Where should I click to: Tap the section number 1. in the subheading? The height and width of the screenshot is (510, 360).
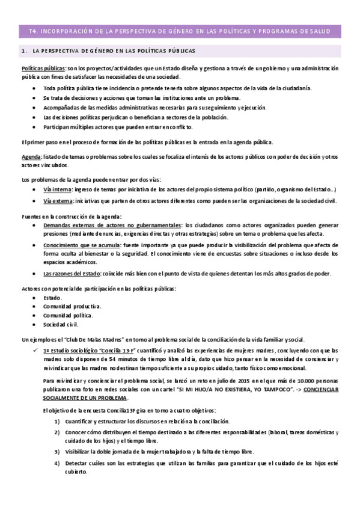(x=23, y=52)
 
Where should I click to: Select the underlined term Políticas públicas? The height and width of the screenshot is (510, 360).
(x=43, y=69)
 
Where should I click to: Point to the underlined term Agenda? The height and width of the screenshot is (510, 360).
(x=31, y=157)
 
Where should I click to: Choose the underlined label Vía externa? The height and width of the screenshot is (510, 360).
(x=58, y=200)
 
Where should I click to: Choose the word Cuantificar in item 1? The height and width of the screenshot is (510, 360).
(x=82, y=422)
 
